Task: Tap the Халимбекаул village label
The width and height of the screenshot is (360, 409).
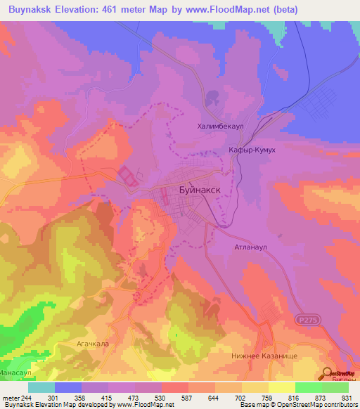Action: pyautogui.click(x=221, y=126)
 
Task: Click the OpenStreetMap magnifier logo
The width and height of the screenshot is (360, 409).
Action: pyautogui.click(x=328, y=373)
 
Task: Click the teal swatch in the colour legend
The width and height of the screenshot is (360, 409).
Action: pyautogui.click(x=41, y=387)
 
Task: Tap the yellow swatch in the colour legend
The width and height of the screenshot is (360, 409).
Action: pyautogui.click(x=281, y=387)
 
